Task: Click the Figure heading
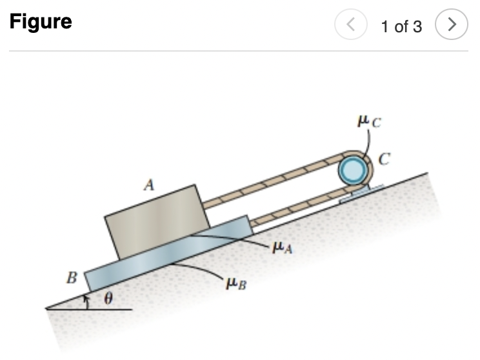tap(41, 22)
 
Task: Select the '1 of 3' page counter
tap(401, 26)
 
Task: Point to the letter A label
tap(149, 186)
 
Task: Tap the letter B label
tap(72, 279)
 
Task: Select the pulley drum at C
tap(352, 171)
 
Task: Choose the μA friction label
tap(283, 247)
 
